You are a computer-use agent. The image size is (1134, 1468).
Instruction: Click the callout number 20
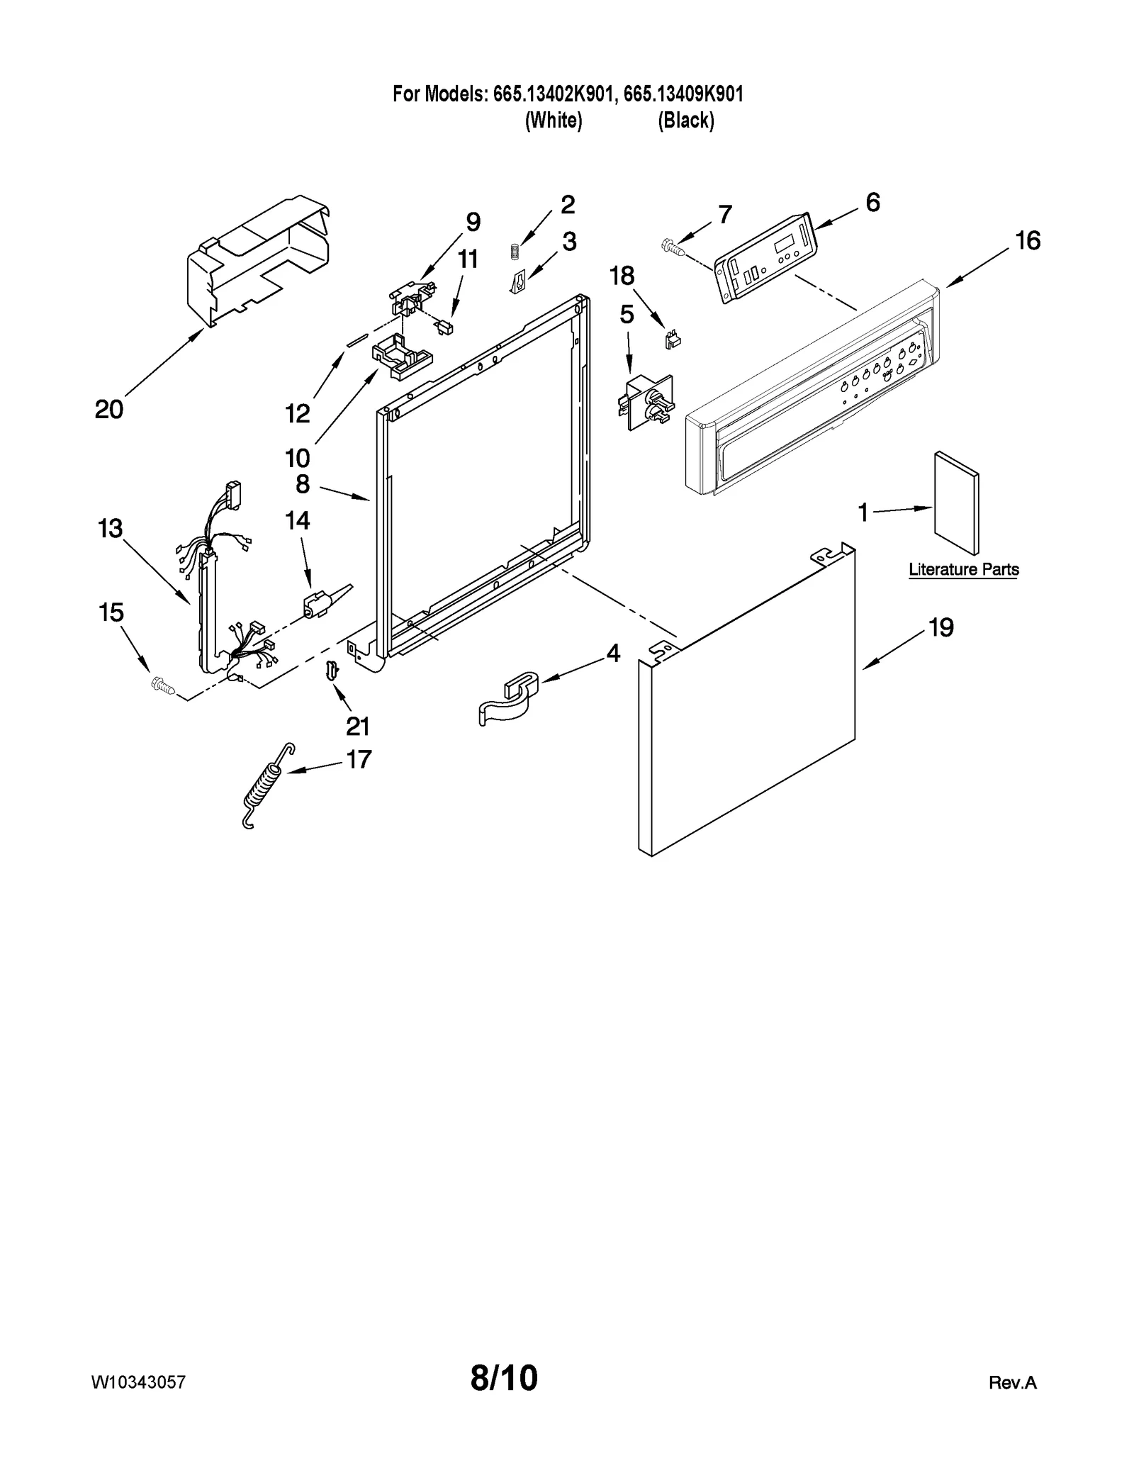[x=109, y=410]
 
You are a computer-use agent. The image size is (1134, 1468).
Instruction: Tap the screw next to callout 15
[x=163, y=684]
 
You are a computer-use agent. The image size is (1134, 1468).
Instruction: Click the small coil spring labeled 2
[x=516, y=251]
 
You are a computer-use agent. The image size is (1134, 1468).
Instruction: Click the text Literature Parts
[x=963, y=570]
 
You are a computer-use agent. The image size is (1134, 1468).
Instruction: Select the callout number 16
[x=1028, y=241]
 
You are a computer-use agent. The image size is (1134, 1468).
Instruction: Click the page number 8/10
[x=504, y=1378]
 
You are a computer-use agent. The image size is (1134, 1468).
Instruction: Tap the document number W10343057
[x=139, y=1382]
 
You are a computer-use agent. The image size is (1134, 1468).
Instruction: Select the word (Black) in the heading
[x=685, y=121]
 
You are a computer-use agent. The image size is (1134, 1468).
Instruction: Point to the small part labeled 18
[x=671, y=341]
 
